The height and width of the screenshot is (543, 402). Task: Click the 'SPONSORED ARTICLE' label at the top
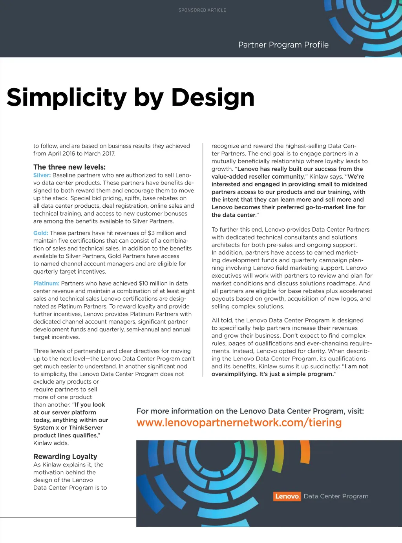202,10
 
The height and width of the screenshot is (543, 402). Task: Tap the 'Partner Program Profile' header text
283,45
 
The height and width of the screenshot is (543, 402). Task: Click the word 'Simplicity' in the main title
67,97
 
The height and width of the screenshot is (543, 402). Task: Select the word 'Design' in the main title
213,97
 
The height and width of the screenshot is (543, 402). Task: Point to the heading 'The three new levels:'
69,167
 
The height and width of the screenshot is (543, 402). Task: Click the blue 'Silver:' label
42,175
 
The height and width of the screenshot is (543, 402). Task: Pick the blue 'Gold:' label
41,233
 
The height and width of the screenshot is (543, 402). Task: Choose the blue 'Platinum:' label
46,283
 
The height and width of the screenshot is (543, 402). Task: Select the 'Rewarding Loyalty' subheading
65,456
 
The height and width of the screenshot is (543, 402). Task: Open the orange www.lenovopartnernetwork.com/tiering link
239,422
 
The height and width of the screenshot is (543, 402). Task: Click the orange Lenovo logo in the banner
287,496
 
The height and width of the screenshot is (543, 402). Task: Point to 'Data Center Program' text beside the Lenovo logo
336,496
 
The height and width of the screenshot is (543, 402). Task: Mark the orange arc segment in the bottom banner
305,452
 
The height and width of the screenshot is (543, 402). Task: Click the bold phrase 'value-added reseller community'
258,177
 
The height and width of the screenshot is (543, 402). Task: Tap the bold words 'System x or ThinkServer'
68,428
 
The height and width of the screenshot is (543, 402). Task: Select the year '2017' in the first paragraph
108,154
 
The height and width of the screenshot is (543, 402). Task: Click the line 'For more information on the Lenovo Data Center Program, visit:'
250,411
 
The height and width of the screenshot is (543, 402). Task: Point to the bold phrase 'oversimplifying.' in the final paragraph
234,374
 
